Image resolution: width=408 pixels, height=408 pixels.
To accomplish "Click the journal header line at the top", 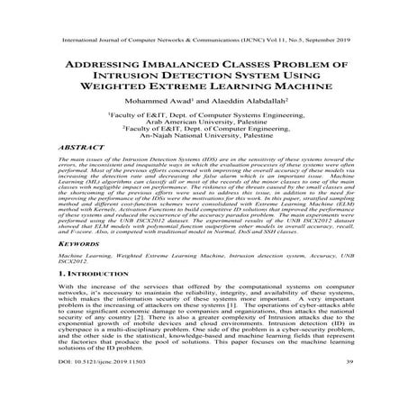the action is [x=204, y=41].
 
